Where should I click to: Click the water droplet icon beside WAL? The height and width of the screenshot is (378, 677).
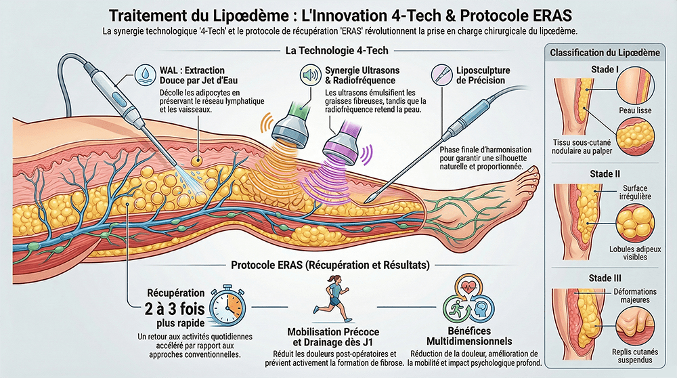pyautogui.click(x=146, y=73)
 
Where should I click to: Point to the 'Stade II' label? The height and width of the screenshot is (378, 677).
pyautogui.click(x=605, y=173)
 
